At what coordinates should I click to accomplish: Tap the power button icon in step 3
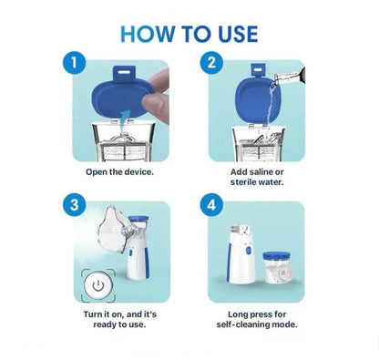(97, 284)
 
